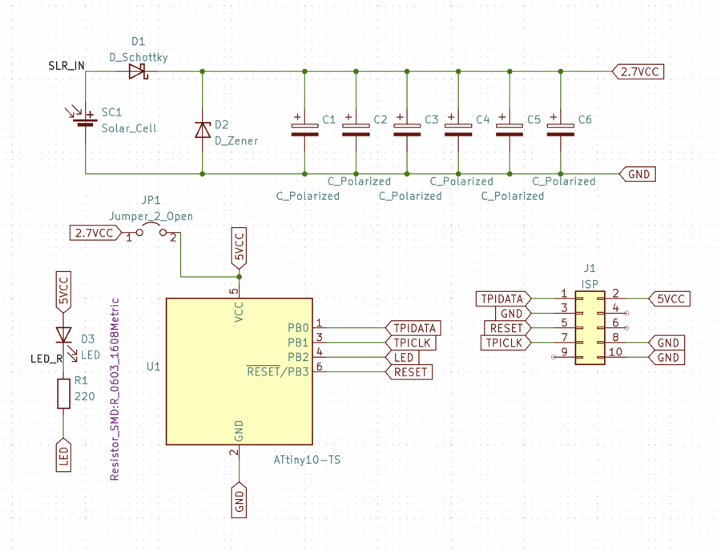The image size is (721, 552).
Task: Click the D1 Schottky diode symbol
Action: click(x=139, y=71)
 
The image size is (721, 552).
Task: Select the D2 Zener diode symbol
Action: click(x=203, y=130)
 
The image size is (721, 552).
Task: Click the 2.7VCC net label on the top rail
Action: click(x=638, y=72)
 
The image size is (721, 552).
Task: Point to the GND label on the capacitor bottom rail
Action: click(x=638, y=174)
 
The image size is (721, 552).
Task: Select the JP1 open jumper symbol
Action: click(x=151, y=230)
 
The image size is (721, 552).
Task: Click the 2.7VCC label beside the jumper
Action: click(x=95, y=233)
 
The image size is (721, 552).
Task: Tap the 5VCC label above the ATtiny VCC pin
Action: click(x=239, y=248)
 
